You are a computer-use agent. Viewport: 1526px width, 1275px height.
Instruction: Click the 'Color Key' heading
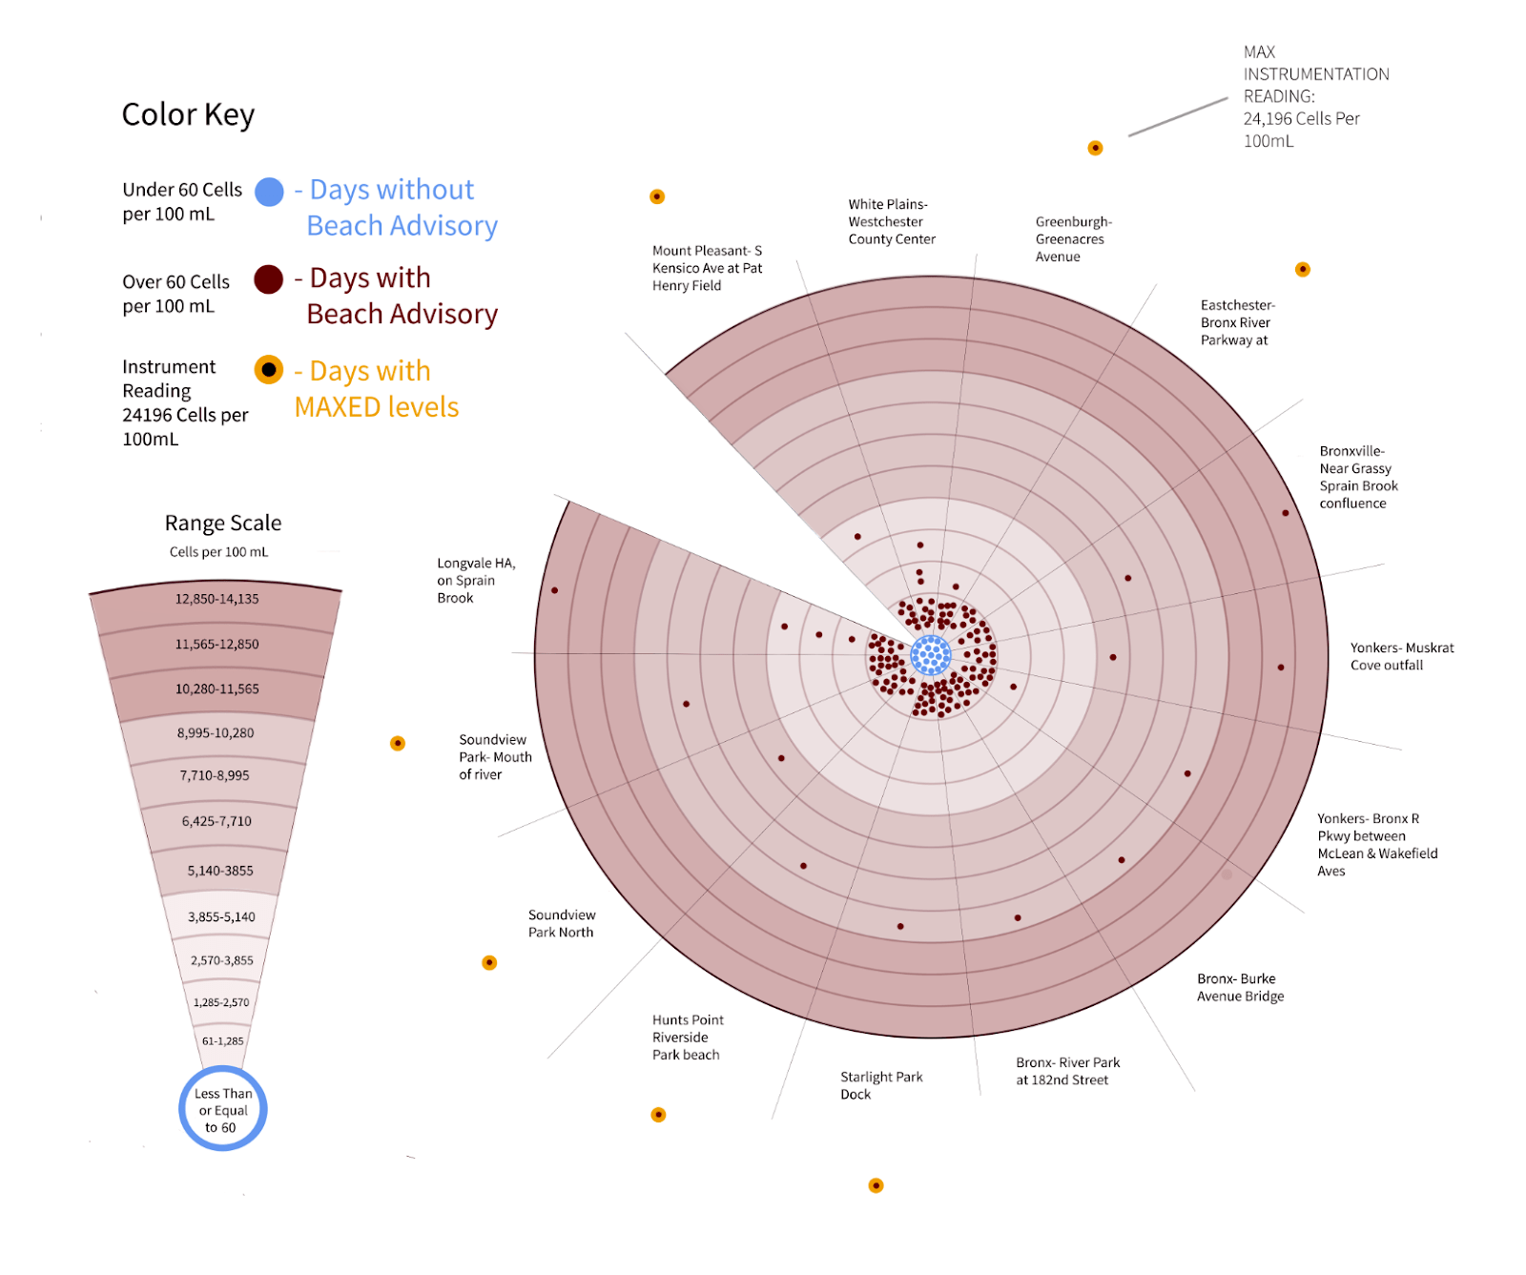[188, 115]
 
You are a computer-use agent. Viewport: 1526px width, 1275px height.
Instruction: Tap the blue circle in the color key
[270, 192]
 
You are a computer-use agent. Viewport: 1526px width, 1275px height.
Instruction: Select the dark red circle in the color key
[269, 279]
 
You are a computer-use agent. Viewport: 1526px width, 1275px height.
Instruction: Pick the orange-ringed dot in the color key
[269, 370]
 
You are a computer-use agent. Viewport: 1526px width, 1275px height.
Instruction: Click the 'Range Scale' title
[223, 523]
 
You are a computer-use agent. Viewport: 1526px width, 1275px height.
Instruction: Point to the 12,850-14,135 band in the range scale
[217, 599]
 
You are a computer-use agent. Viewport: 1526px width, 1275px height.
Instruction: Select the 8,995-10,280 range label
[216, 733]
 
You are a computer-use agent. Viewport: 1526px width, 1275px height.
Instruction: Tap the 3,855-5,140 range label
[221, 916]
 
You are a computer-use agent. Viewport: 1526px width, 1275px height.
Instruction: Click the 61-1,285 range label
[222, 1041]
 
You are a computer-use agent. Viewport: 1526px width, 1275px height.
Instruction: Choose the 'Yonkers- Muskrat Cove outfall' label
[1401, 656]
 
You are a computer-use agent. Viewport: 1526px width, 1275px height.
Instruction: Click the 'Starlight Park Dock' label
[880, 1085]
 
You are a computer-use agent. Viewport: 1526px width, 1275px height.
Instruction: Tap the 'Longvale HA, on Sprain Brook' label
[475, 580]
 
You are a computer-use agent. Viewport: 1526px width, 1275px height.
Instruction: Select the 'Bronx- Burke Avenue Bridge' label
[1240, 987]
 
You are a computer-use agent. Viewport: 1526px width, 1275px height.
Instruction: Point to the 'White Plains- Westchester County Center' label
[891, 221]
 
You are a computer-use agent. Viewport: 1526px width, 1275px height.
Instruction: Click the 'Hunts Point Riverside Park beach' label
[687, 1037]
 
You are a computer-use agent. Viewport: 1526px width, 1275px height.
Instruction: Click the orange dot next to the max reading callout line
[1095, 148]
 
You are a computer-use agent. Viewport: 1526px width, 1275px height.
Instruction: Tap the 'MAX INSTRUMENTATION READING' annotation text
[1314, 96]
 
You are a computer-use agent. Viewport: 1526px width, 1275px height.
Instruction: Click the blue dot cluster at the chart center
[930, 655]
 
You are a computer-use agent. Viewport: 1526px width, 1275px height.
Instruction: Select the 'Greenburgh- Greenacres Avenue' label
[1073, 238]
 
